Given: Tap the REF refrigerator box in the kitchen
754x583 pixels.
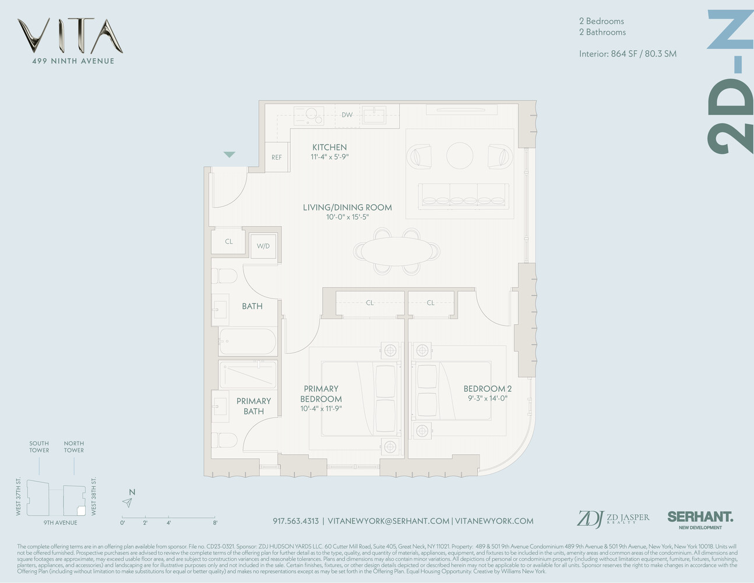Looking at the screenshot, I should coord(277,157).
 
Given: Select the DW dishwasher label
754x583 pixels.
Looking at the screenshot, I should coord(347,115).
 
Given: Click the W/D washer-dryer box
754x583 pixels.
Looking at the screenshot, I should coord(263,246).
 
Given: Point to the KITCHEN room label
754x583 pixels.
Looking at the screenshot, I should coord(329,147).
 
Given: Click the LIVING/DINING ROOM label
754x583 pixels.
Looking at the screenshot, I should coord(347,208).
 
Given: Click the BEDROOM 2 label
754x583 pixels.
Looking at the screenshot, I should coord(487,389).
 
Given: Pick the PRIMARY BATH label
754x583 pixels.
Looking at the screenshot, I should coord(253,406).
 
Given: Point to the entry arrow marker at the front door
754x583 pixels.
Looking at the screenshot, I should coord(230,154).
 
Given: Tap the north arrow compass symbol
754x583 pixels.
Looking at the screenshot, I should coord(128,502).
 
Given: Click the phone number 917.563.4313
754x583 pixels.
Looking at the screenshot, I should coord(295,521).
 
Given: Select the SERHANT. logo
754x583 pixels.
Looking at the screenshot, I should coord(700,517).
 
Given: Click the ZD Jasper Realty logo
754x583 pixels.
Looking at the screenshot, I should coord(612,518).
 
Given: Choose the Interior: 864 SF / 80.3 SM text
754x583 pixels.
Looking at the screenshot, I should coord(628,54).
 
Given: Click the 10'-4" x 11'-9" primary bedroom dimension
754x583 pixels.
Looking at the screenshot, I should coord(320,409).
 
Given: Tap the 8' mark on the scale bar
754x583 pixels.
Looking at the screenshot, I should coord(215,523).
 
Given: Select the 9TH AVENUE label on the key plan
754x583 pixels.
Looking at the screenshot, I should coord(60,523).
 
